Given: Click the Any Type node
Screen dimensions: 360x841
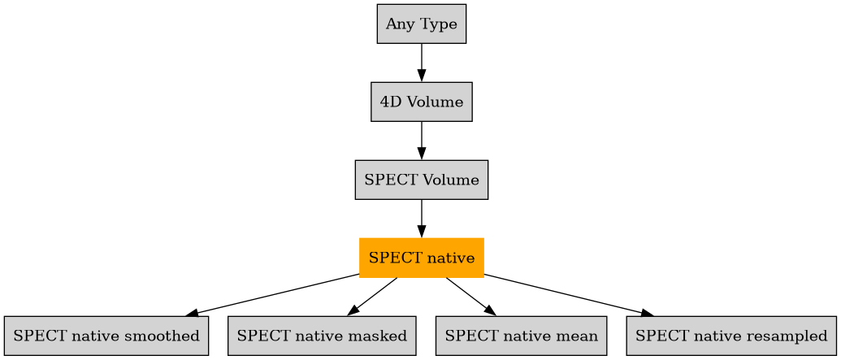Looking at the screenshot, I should pyautogui.click(x=421, y=24).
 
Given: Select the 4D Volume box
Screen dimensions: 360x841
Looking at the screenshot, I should pyautogui.click(x=421, y=102).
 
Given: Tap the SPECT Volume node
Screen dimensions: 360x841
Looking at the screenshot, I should pyautogui.click(x=421, y=180).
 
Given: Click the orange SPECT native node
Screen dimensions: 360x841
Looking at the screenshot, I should pyautogui.click(x=421, y=258).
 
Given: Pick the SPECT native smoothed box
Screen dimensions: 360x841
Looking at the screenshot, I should pyautogui.click(x=106, y=336).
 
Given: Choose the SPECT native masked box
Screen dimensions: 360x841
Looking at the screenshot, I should pyautogui.click(x=322, y=336).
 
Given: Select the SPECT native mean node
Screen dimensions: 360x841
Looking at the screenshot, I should pyautogui.click(x=521, y=336).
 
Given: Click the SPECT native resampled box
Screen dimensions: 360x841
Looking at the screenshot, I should pyautogui.click(x=731, y=336).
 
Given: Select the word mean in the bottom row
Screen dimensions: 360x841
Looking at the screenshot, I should pyautogui.click(x=579, y=336).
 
